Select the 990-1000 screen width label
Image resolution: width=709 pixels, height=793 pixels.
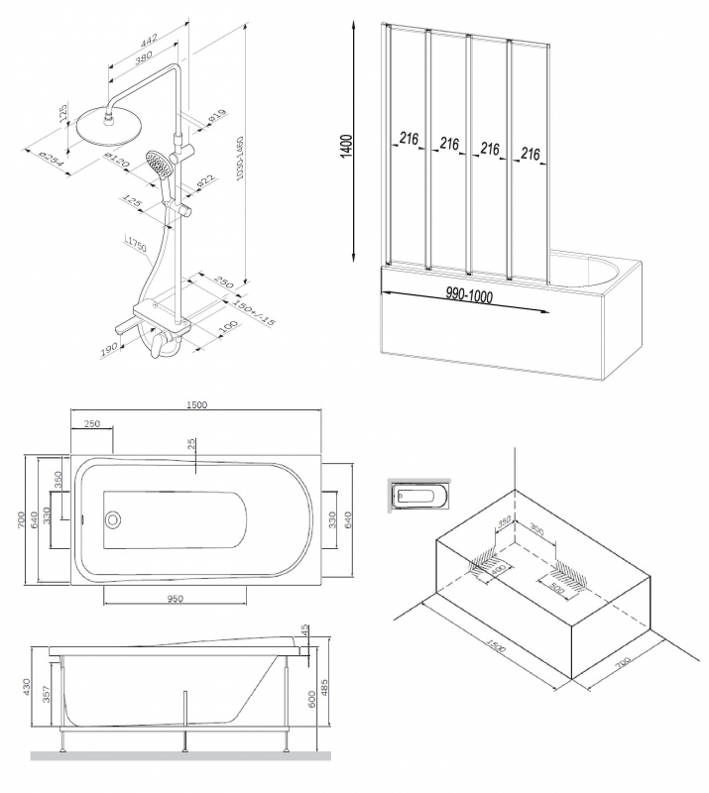[469, 295]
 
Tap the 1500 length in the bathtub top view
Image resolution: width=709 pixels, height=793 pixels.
[197, 405]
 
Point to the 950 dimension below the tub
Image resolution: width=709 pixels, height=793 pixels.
[177, 600]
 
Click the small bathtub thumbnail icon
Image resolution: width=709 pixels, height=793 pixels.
[419, 493]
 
